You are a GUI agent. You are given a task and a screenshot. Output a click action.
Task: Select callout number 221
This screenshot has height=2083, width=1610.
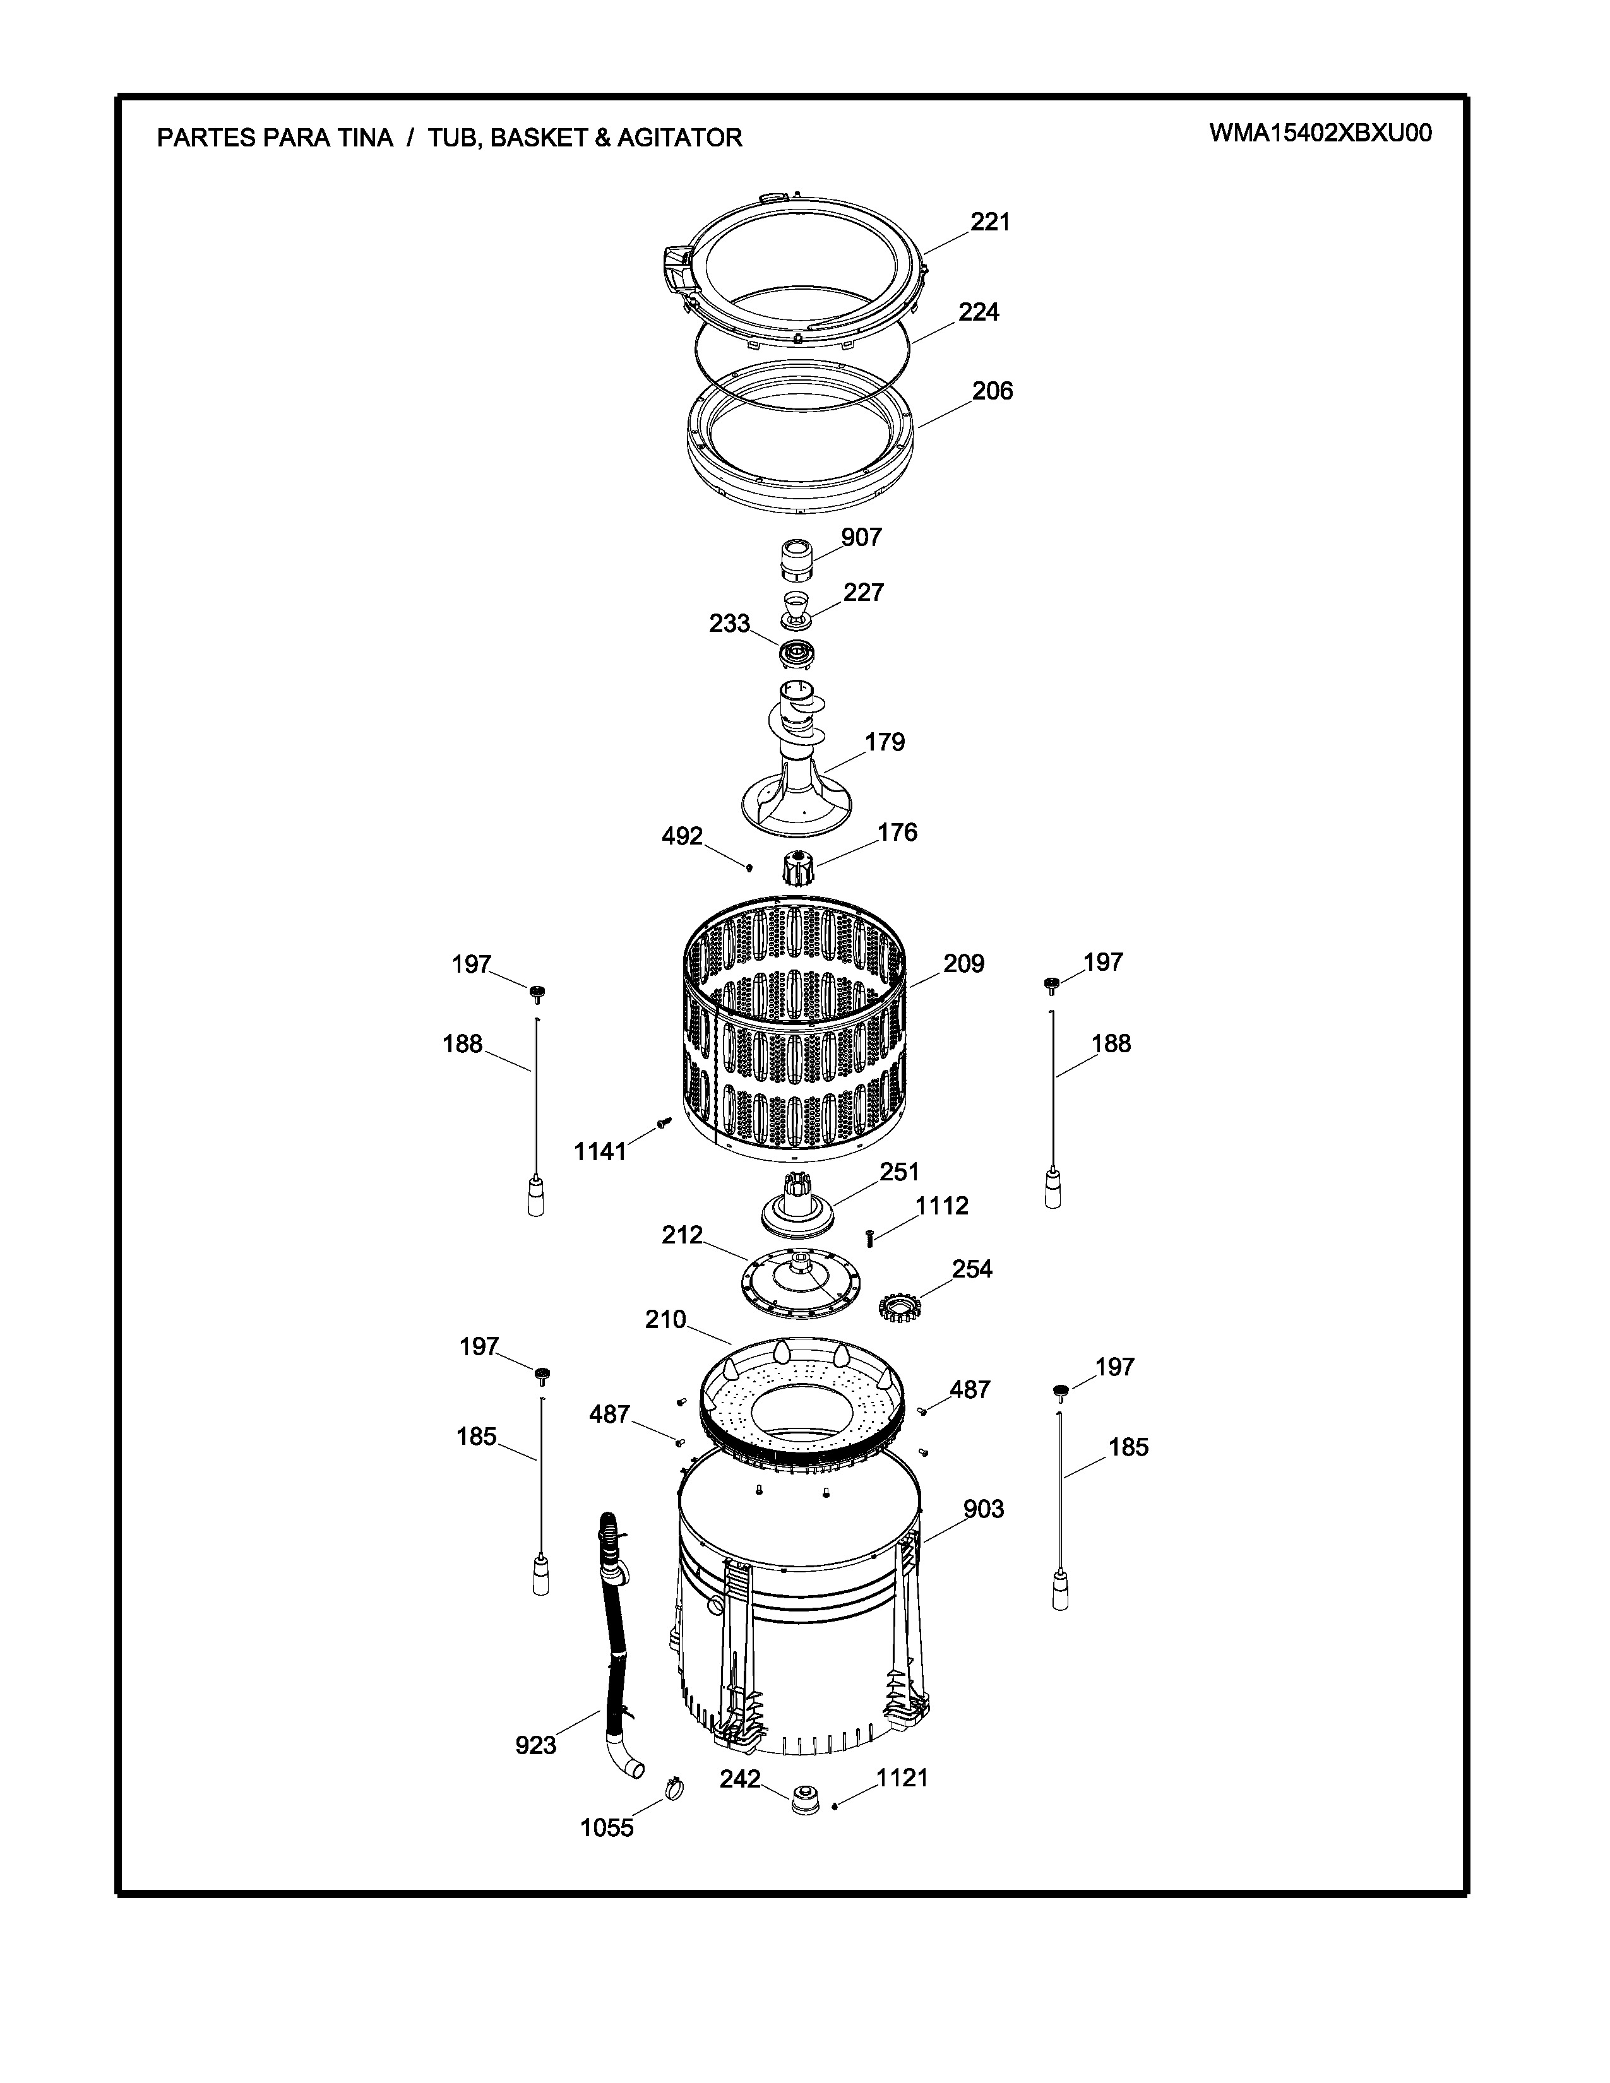pos(990,222)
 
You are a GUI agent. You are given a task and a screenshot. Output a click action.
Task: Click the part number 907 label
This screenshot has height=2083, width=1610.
pos(861,537)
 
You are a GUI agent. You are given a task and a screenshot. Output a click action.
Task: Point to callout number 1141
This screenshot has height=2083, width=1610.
pos(600,1151)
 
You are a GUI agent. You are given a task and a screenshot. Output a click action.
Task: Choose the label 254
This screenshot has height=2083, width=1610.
pos(972,1269)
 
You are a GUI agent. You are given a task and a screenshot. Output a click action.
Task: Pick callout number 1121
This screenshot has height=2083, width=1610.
pos(902,1777)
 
